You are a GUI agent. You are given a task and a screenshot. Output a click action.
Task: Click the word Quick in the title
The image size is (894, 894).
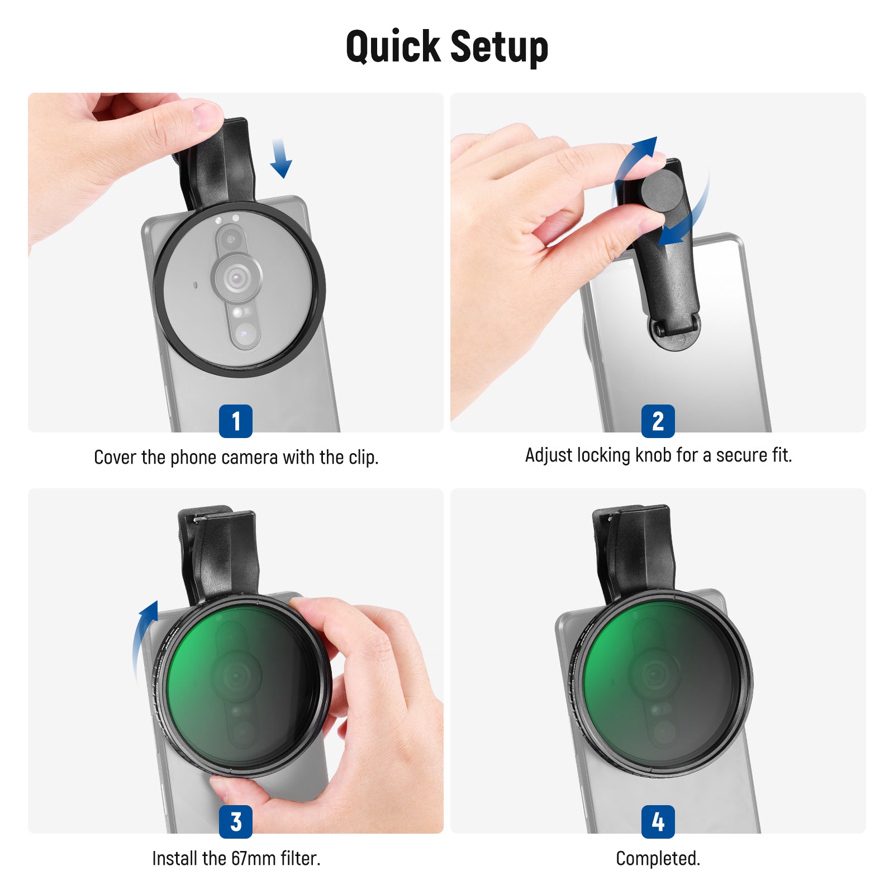tap(393, 47)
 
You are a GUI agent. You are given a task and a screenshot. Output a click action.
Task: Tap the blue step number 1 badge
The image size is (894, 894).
tap(236, 421)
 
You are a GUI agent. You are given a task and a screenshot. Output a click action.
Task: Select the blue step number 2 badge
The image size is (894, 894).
tap(658, 421)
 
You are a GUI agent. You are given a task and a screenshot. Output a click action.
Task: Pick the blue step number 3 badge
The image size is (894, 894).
tap(236, 821)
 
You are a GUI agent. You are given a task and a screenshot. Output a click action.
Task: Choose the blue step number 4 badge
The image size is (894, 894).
tap(658, 821)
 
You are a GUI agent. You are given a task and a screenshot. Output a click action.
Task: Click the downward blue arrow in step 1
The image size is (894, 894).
tap(280, 158)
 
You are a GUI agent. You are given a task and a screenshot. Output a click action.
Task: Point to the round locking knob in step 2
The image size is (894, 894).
tap(663, 190)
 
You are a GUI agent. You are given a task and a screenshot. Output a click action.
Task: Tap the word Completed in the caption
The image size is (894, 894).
tap(658, 858)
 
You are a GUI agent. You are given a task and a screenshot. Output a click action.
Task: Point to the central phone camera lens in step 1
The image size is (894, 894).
tap(237, 277)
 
